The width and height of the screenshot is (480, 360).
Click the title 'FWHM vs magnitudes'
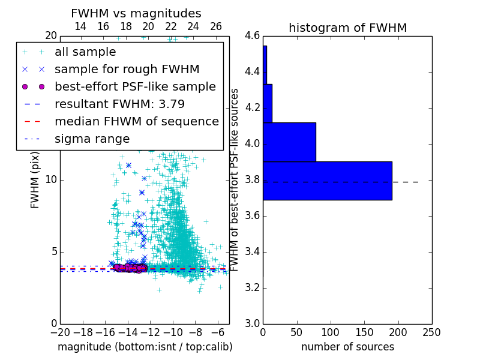coord(136,13)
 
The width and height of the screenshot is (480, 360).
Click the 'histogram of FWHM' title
coord(347,28)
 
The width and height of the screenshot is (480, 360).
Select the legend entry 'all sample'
coord(85,52)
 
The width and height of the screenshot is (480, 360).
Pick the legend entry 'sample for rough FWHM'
coord(127,69)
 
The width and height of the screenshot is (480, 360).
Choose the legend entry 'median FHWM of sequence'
coord(136,121)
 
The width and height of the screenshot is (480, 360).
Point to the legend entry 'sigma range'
coord(92,139)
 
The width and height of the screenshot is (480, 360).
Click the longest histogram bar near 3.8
coord(327,181)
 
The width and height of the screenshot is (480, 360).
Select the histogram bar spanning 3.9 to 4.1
coord(289,142)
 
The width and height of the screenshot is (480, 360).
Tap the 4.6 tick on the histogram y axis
coord(252,36)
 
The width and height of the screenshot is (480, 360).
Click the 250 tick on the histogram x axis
coord(431,332)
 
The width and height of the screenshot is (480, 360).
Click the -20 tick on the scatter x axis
coord(60,332)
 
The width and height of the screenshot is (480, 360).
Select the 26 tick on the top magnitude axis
coord(216,26)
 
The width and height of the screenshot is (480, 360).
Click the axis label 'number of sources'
coord(347,347)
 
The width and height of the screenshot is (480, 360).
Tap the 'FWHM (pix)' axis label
coord(35,180)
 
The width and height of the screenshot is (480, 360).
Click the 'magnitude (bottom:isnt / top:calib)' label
coord(145,347)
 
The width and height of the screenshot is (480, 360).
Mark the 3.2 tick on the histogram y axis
coord(252,288)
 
